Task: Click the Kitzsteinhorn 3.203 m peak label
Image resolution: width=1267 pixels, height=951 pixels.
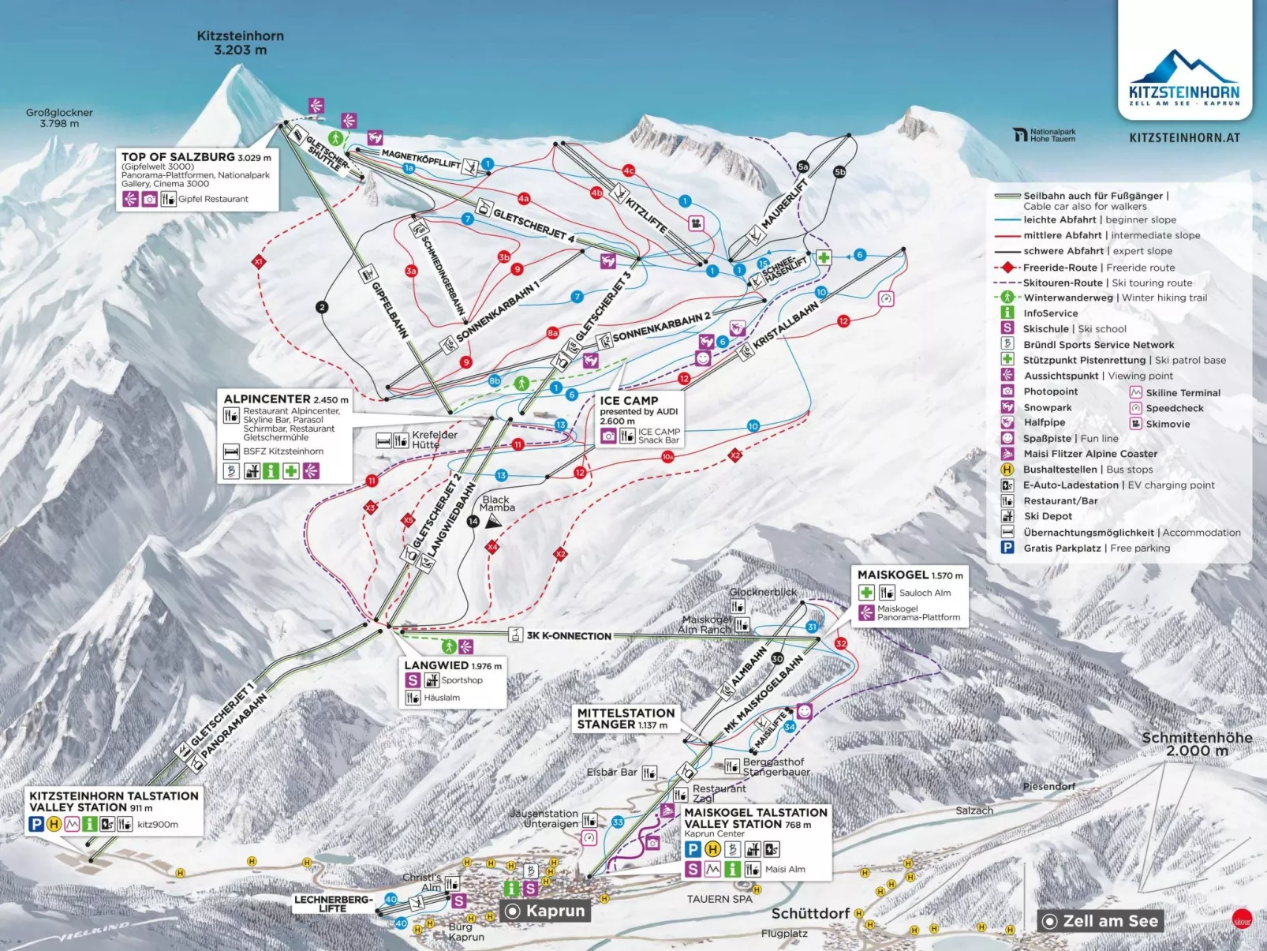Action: pyautogui.click(x=240, y=43)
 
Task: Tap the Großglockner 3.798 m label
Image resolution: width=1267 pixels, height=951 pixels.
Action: pyautogui.click(x=59, y=118)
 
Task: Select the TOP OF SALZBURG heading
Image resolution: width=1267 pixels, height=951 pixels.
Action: pyautogui.click(x=178, y=157)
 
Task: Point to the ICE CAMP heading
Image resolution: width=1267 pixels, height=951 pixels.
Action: pyautogui.click(x=629, y=400)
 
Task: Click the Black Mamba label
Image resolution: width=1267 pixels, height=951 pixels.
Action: pyautogui.click(x=497, y=504)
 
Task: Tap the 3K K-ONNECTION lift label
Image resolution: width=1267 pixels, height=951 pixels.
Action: pyautogui.click(x=569, y=635)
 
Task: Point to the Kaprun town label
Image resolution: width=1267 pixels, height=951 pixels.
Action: pyautogui.click(x=555, y=911)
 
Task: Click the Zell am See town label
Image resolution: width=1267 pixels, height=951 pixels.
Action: pyautogui.click(x=1110, y=921)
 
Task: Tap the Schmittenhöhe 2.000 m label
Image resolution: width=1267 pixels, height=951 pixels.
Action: pyautogui.click(x=1197, y=743)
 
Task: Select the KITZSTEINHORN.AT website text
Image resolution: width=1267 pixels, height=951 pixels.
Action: pyautogui.click(x=1184, y=137)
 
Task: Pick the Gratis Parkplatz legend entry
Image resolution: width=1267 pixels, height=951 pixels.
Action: pyautogui.click(x=1097, y=548)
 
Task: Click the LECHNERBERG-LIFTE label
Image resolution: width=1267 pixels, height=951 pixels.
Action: pyautogui.click(x=333, y=904)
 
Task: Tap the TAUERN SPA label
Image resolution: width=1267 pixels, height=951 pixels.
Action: pyautogui.click(x=719, y=899)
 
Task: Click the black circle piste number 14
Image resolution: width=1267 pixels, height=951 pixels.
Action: pyautogui.click(x=473, y=521)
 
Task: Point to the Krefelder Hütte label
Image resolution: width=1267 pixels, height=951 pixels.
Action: pyautogui.click(x=435, y=440)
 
